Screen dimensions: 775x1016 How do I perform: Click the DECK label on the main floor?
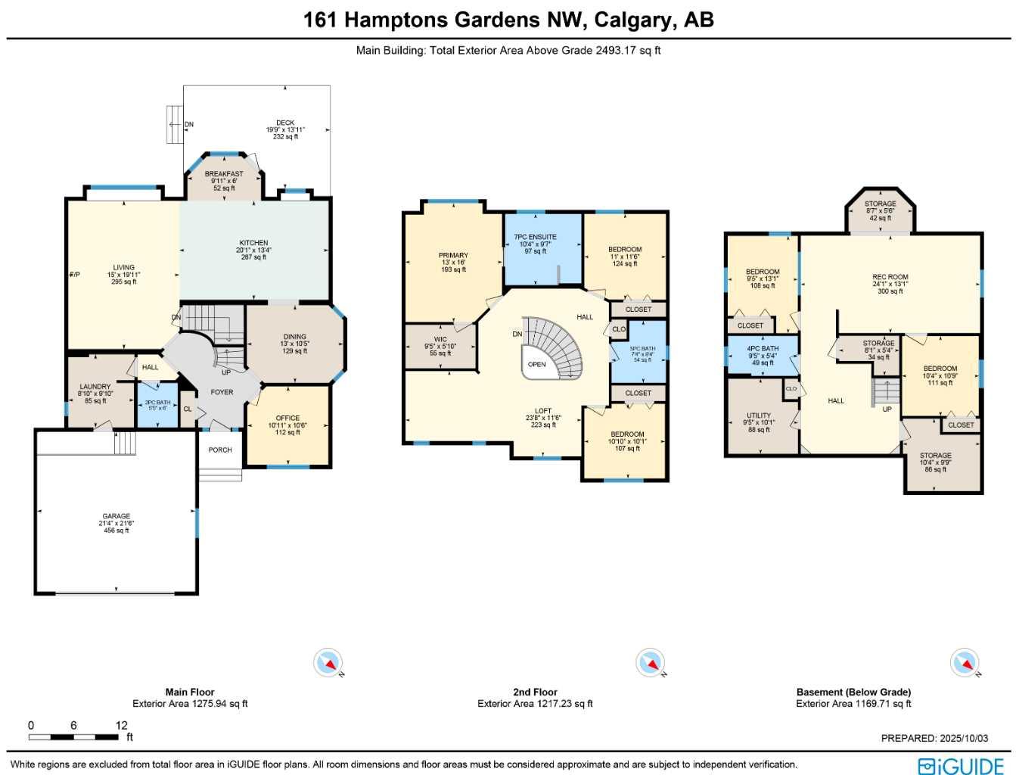pos(285,123)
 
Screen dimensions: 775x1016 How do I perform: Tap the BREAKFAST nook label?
pos(224,174)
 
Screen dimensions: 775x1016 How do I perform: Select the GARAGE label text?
pos(117,516)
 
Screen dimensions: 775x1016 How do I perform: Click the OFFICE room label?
pos(287,418)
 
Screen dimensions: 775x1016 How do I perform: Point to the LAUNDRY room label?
pos(95,387)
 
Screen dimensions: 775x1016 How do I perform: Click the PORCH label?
pos(220,450)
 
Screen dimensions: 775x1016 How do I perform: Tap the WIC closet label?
pos(440,340)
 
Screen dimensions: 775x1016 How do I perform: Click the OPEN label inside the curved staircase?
pos(537,365)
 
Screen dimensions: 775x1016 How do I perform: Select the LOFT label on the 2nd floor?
pos(543,411)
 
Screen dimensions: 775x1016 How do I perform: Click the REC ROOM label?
pos(890,277)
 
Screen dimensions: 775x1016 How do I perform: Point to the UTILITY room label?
pos(759,416)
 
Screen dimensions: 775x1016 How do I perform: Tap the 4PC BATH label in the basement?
pos(763,349)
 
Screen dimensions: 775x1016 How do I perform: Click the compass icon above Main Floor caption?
pos(328,663)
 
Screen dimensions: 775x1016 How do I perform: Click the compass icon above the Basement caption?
pos(965,663)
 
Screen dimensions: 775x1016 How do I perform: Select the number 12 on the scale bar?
pos(122,725)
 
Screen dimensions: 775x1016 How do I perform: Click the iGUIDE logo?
pos(961,765)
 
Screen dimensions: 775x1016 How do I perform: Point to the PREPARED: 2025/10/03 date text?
pos(934,738)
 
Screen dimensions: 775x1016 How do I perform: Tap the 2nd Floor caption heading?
pos(535,692)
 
